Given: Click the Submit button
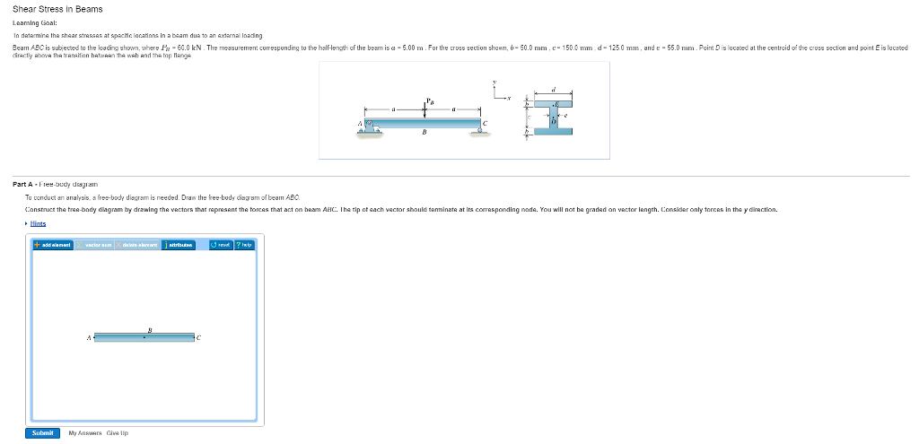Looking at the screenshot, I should click(x=42, y=432).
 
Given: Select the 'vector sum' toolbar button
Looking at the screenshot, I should click(x=96, y=244).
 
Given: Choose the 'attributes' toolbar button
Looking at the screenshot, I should click(x=179, y=244).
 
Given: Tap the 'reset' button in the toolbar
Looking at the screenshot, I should click(x=221, y=244).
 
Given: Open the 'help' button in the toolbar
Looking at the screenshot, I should click(x=244, y=244).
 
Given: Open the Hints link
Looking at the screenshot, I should click(x=38, y=223).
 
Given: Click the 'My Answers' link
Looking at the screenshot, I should click(x=85, y=432).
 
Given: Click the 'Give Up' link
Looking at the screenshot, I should click(x=118, y=432).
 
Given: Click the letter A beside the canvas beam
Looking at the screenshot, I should click(x=88, y=338).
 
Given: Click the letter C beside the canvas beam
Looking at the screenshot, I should click(x=199, y=338).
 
